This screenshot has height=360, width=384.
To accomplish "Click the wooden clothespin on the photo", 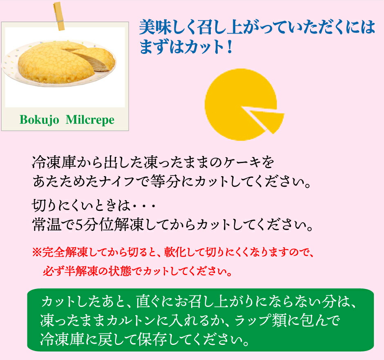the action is tap(59, 16).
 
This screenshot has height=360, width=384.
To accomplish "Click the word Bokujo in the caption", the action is tap(39, 120).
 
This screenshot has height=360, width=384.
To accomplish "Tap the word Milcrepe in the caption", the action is tap(90, 120).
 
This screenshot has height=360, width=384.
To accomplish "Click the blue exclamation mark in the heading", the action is tap(230, 46).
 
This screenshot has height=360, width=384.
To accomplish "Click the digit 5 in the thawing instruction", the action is tap(78, 225).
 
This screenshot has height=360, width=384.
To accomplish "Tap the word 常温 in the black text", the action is tap(47, 224).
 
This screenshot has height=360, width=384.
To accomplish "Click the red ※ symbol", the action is tap(37, 252).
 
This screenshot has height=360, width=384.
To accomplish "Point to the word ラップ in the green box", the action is tap(252, 321).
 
